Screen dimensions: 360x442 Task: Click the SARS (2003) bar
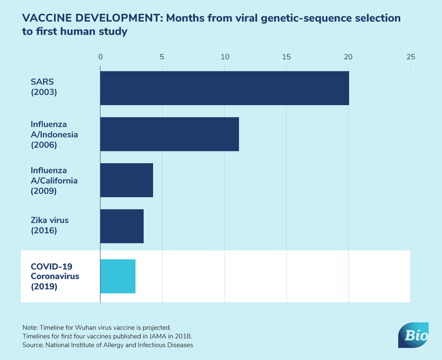click(224, 88)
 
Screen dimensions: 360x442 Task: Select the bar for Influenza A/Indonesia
click(169, 134)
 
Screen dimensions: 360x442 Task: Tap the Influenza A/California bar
click(127, 180)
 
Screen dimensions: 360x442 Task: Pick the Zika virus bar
click(122, 226)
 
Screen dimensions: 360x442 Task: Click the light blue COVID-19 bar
click(118, 276)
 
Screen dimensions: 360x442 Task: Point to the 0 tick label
click(100, 56)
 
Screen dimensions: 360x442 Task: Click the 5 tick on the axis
click(162, 56)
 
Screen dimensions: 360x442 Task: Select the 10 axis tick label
click(224, 56)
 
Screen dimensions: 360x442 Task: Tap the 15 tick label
click(286, 56)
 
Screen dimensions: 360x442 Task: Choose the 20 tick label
click(348, 56)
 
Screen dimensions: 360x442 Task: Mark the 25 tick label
click(410, 56)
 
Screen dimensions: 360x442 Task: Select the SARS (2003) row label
click(43, 88)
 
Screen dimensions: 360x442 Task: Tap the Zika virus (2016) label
click(49, 225)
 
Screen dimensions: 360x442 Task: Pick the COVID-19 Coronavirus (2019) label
click(55, 276)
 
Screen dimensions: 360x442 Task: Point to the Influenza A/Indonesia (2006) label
click(54, 134)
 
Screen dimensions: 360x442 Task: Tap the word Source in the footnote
click(33, 345)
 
